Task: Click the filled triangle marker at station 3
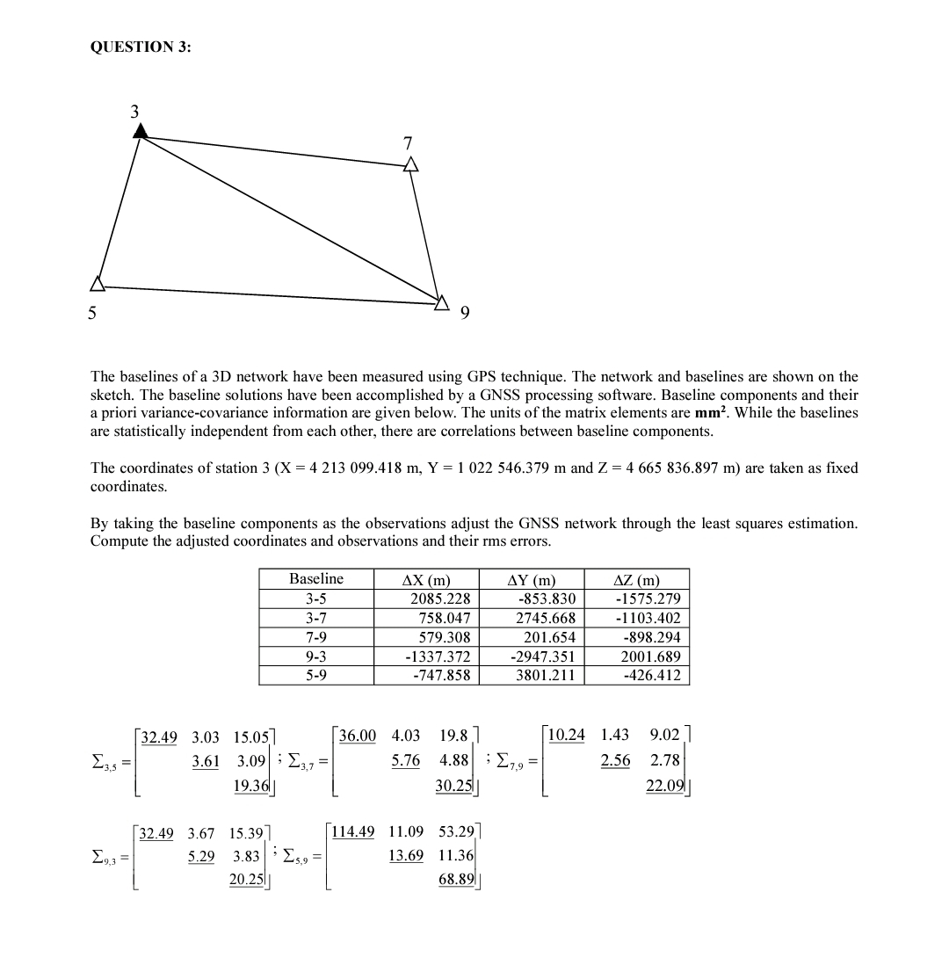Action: (x=140, y=131)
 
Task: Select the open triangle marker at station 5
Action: (x=98, y=283)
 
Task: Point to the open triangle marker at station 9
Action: (x=442, y=303)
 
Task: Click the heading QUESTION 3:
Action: (x=140, y=48)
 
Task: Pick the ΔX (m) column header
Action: (x=425, y=579)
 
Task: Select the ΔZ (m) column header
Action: (x=636, y=579)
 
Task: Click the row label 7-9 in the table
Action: (x=316, y=637)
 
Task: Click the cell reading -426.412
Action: (x=651, y=676)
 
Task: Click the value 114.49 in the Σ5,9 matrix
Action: (x=354, y=831)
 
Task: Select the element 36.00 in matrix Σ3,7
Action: (x=358, y=736)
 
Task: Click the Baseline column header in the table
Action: (x=316, y=579)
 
